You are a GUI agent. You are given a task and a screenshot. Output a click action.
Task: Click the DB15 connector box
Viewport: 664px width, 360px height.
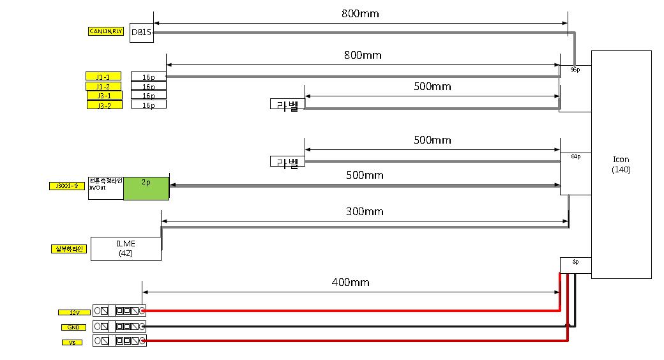[x=142, y=33]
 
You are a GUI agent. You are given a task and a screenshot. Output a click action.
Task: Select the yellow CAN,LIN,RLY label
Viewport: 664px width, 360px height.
[x=105, y=31]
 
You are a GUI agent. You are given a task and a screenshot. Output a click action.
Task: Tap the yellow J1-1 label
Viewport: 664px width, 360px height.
[x=103, y=77]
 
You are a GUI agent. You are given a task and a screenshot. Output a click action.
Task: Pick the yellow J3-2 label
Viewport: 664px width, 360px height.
[x=104, y=105]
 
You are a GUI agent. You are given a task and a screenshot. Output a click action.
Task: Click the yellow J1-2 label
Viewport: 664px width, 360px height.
[x=103, y=86]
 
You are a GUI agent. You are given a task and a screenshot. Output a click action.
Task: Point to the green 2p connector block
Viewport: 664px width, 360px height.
[x=146, y=188]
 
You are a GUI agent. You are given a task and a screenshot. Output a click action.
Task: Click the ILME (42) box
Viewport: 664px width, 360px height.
[x=126, y=248]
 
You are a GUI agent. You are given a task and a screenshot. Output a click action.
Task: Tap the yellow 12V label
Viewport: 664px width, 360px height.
[x=74, y=312]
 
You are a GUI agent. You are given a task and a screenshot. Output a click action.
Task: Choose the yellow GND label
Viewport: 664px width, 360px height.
[x=73, y=327]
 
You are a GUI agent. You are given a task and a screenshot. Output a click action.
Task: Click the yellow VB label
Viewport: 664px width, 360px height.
[x=72, y=342]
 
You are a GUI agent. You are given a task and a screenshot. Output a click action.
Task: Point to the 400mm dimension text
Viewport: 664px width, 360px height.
[x=350, y=282]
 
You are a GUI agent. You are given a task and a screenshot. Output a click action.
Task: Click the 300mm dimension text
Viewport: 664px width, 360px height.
[x=365, y=212]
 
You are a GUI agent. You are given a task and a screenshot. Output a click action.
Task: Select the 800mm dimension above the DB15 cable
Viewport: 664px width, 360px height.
[x=362, y=12]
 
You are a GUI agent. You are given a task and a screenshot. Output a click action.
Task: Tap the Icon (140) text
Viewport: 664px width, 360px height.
[x=621, y=164]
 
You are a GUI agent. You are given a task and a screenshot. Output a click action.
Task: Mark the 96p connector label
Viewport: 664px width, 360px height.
[x=575, y=69]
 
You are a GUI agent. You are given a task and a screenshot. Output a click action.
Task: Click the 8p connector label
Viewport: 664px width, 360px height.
[x=575, y=262]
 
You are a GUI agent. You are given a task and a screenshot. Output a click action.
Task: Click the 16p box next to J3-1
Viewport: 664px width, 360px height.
[x=148, y=96]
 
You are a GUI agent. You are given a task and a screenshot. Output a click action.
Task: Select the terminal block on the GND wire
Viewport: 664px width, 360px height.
[x=119, y=326]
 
